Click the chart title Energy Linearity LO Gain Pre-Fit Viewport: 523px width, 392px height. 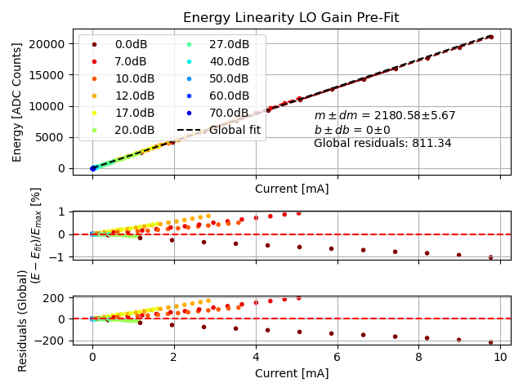[x=291, y=17]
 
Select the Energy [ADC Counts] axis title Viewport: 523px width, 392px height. [x=17, y=101]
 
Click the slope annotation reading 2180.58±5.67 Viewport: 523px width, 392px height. [x=385, y=116]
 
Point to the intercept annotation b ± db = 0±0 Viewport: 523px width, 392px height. [x=352, y=130]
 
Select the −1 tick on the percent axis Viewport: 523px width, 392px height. [x=59, y=256]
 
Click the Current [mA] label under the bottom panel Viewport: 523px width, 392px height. [x=292, y=373]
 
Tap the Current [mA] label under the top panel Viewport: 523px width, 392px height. [x=292, y=189]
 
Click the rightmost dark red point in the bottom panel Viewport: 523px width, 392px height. [x=491, y=342]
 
